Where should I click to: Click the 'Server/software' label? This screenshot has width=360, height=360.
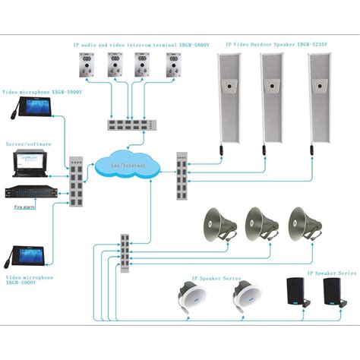(28, 142)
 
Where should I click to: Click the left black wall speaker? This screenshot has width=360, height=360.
(297, 292)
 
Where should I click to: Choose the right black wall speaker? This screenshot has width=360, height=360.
(331, 292)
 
